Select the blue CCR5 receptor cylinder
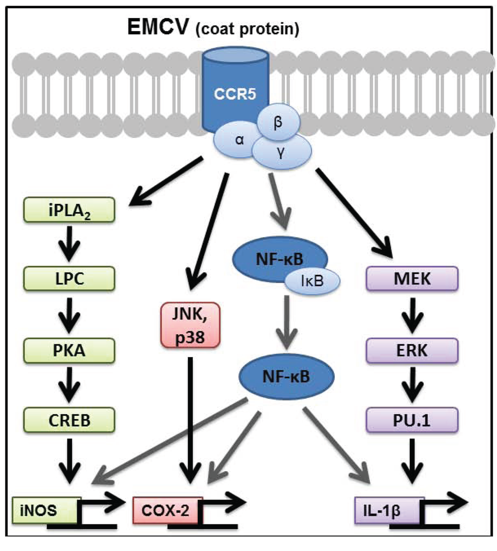235,92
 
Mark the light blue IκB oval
312,280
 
